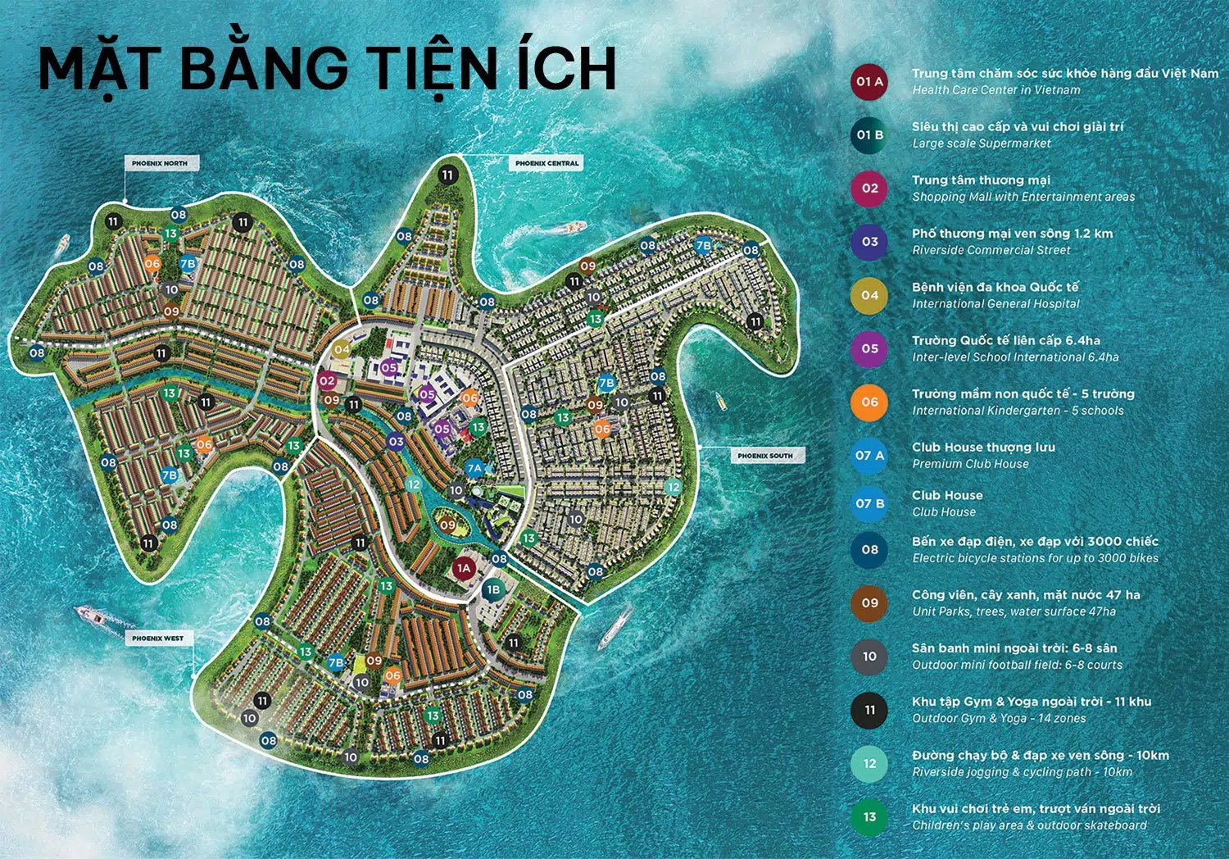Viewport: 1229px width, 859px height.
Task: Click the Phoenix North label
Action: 159,164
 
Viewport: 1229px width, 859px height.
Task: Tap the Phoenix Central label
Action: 546,163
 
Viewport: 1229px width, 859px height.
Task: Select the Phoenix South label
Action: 764,456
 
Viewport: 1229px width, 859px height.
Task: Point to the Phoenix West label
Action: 157,638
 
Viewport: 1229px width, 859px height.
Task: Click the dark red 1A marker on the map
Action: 464,568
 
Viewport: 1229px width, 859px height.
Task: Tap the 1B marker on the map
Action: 492,589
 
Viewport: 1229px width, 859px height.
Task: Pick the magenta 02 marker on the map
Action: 327,381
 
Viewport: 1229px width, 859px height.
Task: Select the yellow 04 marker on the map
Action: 342,350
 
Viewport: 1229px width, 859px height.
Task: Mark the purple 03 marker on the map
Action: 396,442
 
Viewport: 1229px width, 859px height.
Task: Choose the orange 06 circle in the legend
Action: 869,402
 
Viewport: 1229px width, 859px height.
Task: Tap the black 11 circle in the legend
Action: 869,711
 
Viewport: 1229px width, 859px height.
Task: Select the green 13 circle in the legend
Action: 869,817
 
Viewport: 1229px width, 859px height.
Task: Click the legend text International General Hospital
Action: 995,304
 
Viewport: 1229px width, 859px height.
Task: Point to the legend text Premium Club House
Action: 970,464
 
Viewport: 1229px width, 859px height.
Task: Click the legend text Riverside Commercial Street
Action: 991,251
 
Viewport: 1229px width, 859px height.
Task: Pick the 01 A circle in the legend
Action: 869,82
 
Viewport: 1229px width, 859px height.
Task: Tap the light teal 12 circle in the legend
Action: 869,764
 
